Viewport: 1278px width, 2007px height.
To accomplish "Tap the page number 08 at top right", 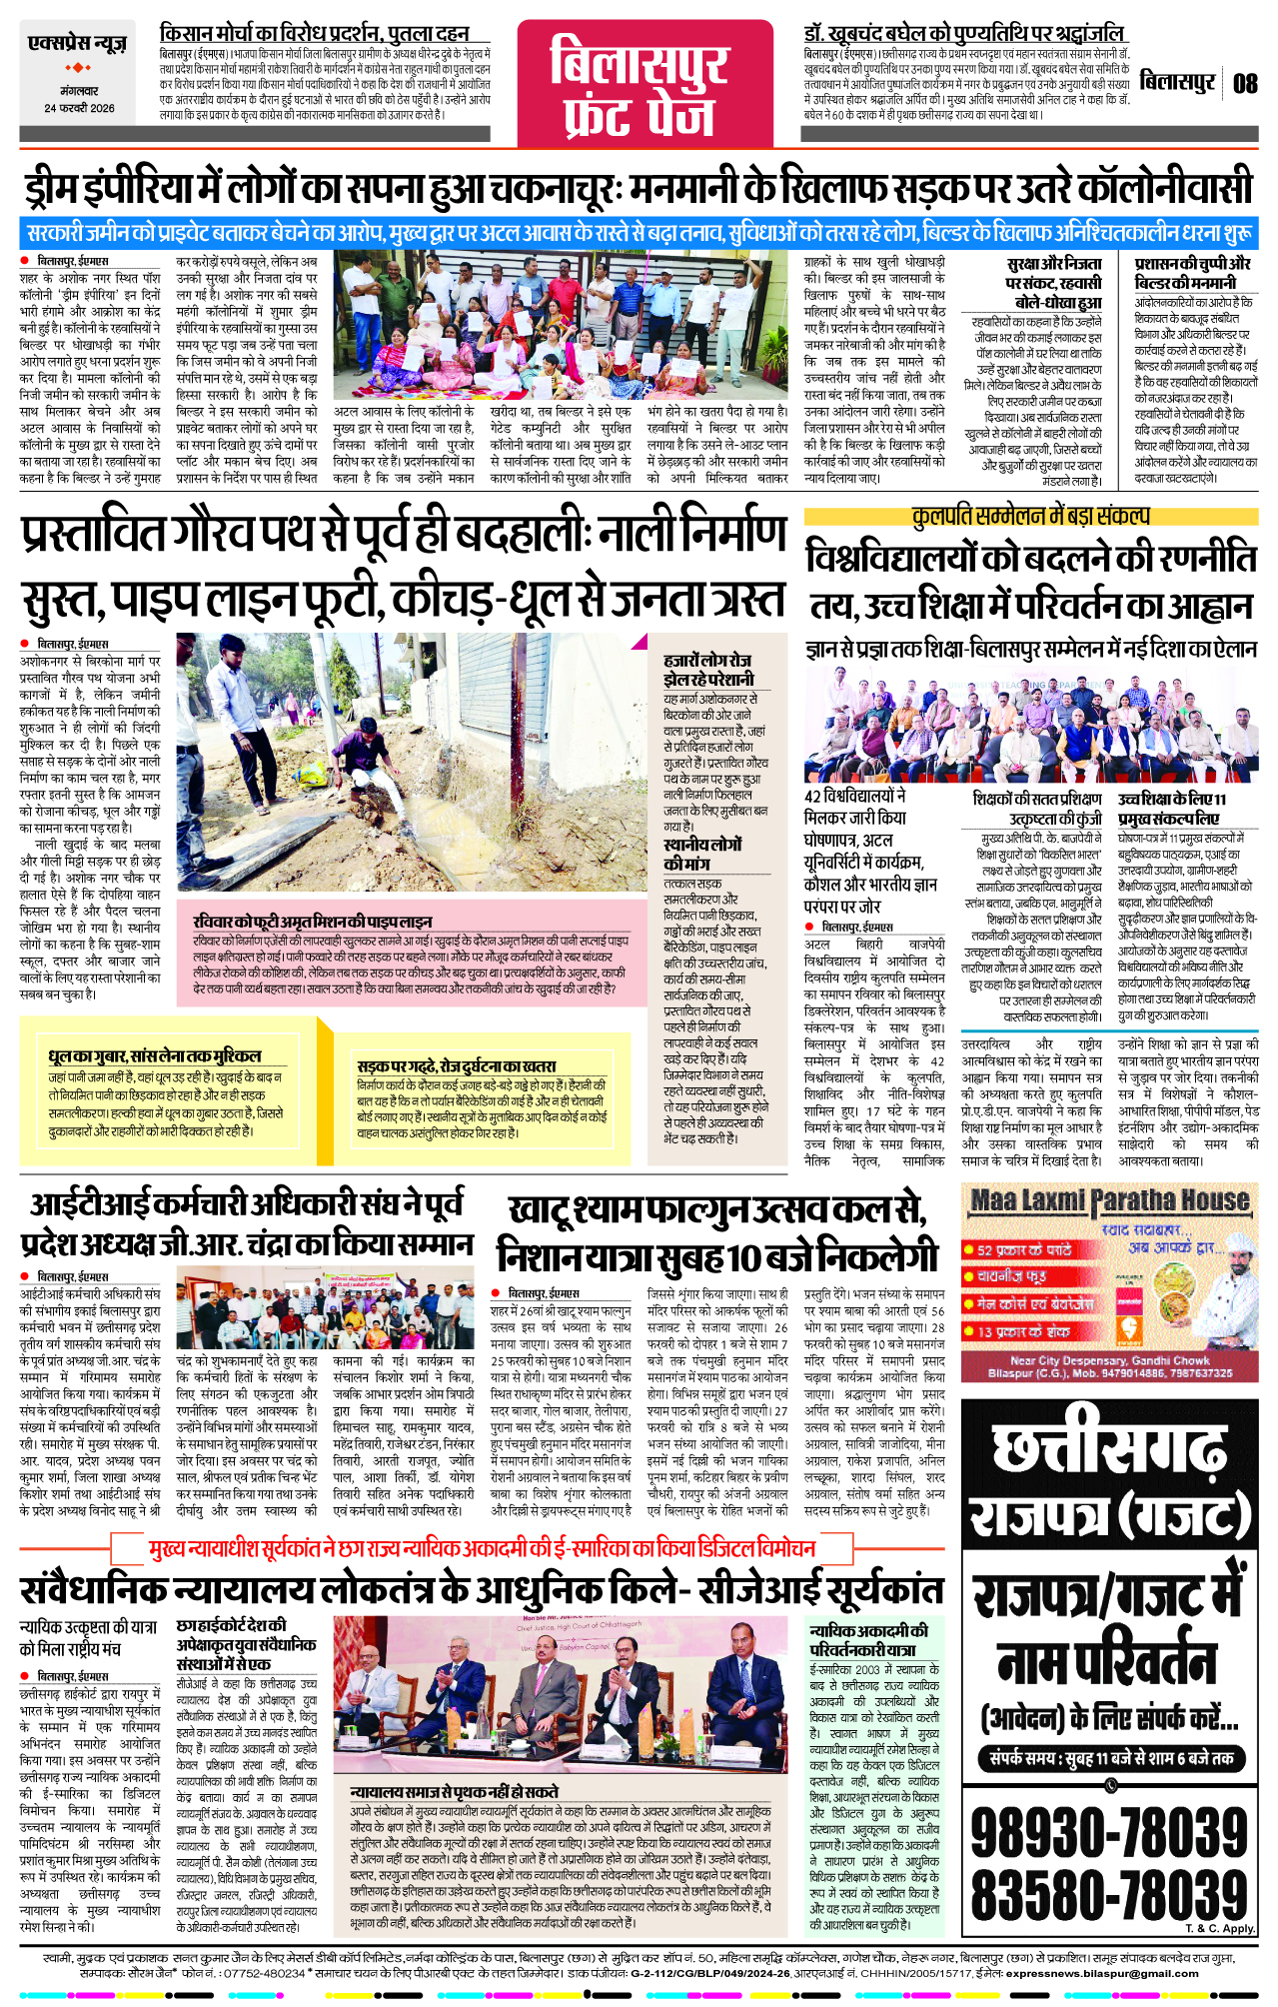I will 1244,84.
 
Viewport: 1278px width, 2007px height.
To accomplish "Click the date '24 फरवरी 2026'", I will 79,108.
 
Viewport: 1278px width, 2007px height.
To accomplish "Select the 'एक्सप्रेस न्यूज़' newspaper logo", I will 78,45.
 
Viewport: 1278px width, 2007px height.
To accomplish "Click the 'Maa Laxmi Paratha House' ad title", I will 1109,1200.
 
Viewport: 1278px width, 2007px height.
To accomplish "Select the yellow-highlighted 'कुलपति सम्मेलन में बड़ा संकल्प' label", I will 1030,516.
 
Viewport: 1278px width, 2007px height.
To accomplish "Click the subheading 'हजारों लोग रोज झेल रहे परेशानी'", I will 709,669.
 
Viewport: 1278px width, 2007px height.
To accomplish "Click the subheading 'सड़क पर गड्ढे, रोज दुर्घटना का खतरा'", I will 457,1066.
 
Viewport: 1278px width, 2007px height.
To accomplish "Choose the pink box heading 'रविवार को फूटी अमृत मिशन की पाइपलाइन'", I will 313,921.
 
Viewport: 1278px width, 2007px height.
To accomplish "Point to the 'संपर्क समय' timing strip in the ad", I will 1109,1757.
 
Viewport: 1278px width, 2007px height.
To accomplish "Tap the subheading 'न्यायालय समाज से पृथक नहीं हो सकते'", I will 455,1792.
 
